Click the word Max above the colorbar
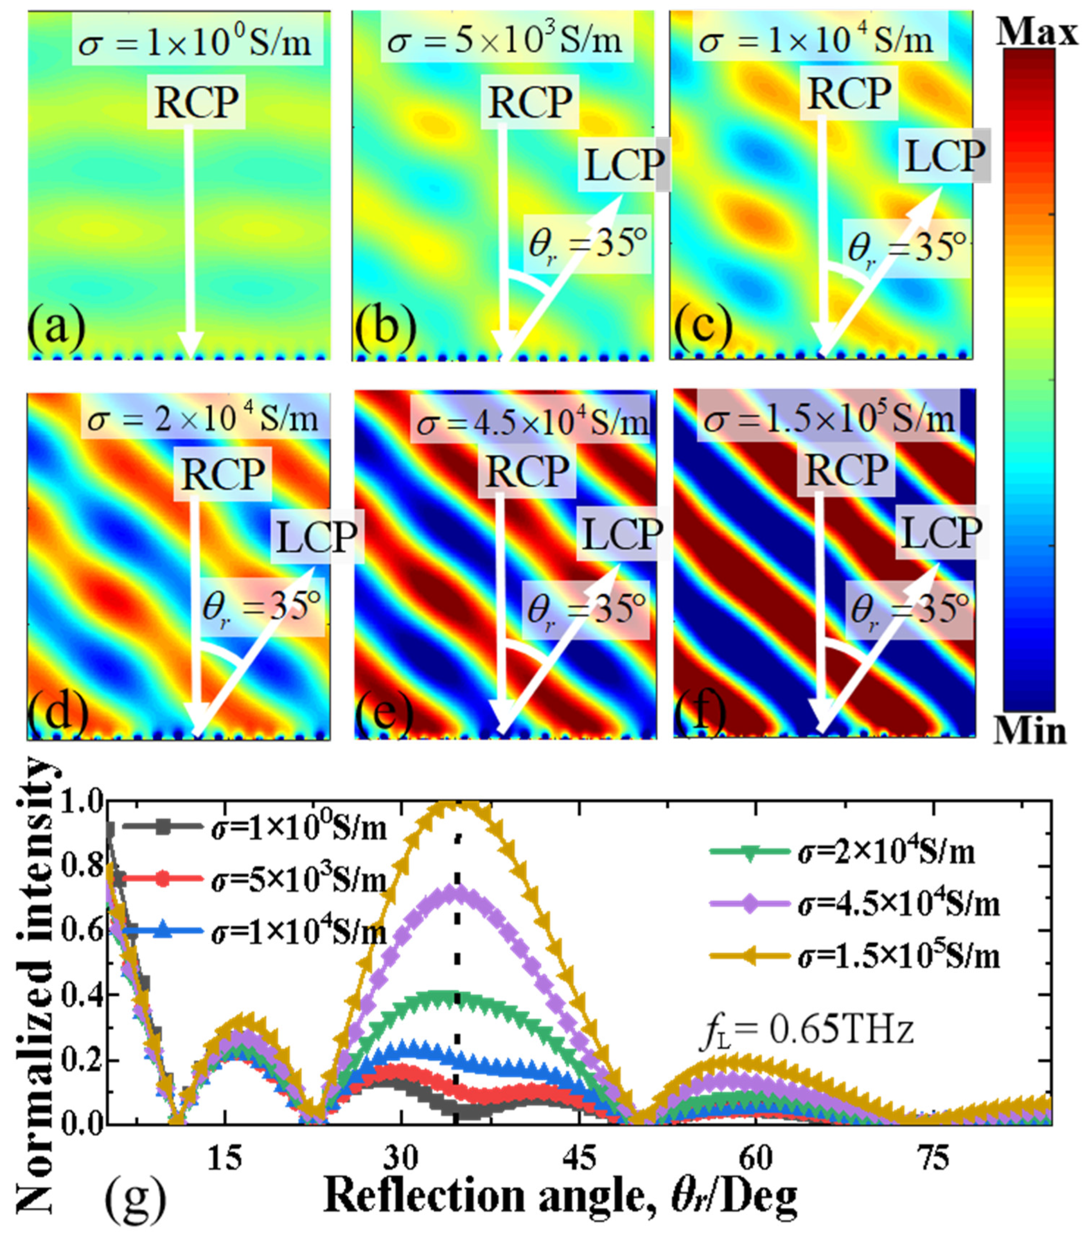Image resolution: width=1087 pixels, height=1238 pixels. tap(1037, 31)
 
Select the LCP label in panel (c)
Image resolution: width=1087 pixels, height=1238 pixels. tap(944, 156)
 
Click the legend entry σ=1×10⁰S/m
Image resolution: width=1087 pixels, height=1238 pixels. tap(298, 828)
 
